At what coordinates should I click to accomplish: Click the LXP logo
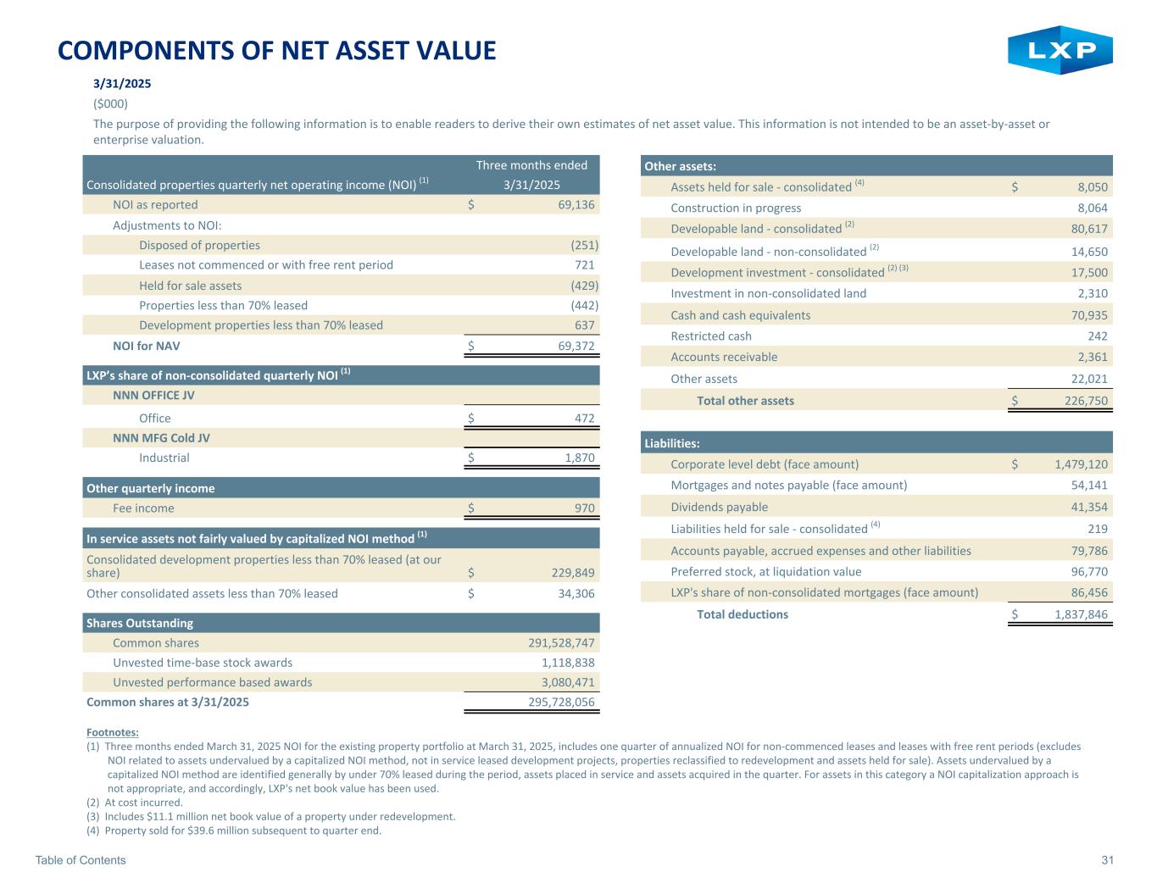coord(1060,50)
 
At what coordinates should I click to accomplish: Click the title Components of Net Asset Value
coord(276,51)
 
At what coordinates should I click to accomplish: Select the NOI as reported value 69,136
coord(576,205)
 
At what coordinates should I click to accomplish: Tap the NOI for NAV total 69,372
coord(576,346)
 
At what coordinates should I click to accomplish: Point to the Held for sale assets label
coord(190,286)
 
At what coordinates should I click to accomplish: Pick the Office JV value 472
coord(584,418)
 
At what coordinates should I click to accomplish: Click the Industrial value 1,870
coord(577,458)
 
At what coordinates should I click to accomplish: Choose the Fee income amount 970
coord(584,508)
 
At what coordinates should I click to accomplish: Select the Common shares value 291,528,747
coord(556,643)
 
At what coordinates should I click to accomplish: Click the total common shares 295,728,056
coord(556,702)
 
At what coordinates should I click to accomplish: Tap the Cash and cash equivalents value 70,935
coord(1089,315)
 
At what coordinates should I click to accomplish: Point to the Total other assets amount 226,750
coord(1086,401)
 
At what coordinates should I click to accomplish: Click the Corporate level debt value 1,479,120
coord(1081,464)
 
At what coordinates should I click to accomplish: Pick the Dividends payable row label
coord(719,507)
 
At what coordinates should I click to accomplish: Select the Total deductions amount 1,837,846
coord(1081,614)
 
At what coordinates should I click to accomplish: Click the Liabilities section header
coord(672,443)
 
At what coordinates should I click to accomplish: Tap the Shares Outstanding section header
coord(140,623)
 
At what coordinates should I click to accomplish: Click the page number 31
coord(1107,861)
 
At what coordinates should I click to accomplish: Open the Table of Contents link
coord(81,861)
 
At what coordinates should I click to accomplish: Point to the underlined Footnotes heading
coord(113,732)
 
